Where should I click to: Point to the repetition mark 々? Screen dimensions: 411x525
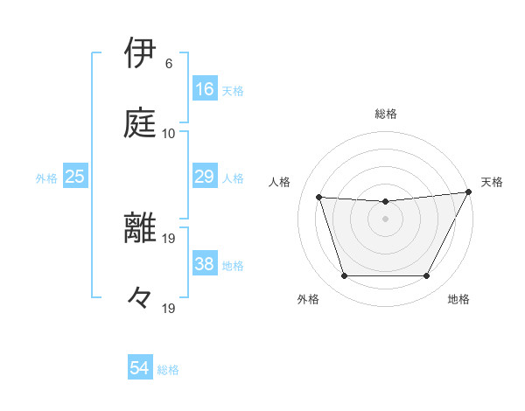pos(140,298)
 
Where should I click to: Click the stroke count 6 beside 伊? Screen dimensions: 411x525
pos(169,64)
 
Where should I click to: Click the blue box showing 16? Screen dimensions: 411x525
pos(205,88)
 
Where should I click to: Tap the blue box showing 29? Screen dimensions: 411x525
pos(205,177)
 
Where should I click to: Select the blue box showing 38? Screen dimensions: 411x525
pos(205,264)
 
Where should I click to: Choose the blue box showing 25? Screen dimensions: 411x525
pos(75,177)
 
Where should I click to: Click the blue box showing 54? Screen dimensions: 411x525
pos(140,368)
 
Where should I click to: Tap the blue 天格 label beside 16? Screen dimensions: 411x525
pos(233,90)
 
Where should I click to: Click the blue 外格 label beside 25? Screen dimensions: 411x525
pos(46,178)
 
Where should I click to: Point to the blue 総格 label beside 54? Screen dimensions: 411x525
pos(168,370)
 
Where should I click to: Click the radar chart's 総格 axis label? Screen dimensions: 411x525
pos(386,114)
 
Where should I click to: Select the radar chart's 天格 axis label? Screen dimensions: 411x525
pos(492,182)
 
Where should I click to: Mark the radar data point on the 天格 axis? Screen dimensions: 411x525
pos(470,192)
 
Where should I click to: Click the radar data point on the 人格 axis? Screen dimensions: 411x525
pos(319,198)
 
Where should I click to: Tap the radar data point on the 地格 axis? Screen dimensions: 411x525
pos(427,276)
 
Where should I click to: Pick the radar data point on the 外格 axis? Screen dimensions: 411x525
pos(344,276)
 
